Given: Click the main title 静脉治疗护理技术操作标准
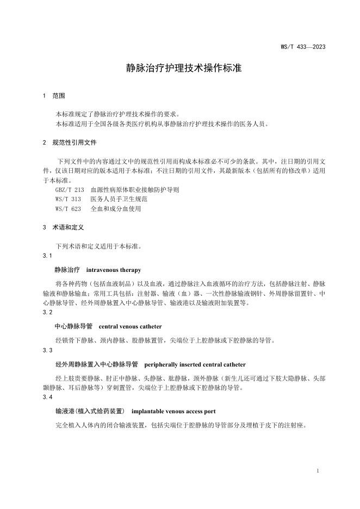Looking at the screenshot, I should tap(179, 69).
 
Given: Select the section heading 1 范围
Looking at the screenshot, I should tap(54, 96).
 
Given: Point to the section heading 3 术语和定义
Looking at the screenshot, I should tap(63, 227).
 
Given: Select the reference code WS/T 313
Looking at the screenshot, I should tap(68, 199).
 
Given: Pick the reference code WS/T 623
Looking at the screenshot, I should tap(68, 208).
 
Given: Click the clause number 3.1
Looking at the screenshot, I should tap(47, 256).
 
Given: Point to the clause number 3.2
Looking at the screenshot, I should tap(47, 313).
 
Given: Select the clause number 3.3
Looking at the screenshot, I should tap(47, 350).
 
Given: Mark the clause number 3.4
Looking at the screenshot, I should tap(47, 398).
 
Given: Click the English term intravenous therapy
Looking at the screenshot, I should tap(114, 270).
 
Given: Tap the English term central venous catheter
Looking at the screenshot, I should tap(131, 327).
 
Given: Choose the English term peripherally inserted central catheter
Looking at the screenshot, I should tap(195, 364).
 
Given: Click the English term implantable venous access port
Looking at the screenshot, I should tap(177, 412).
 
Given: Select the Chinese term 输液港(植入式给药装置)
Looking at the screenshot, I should tap(90, 412).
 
